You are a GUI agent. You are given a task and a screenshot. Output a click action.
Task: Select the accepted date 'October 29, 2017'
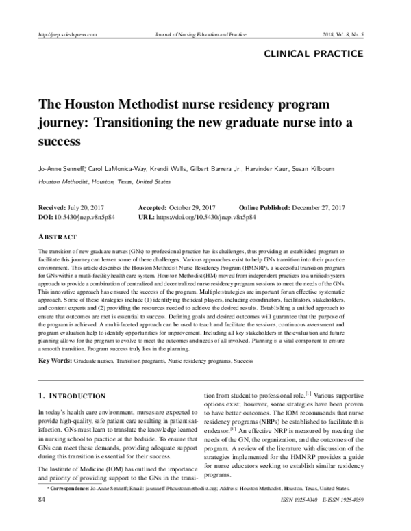[x=195, y=207]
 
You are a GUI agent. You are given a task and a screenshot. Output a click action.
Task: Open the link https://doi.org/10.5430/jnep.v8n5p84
[x=206, y=217]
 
